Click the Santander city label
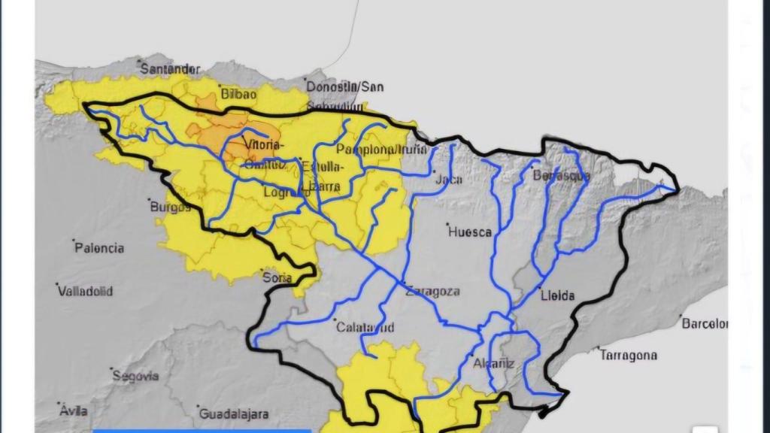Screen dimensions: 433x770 [171, 69]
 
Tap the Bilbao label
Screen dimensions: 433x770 [240, 94]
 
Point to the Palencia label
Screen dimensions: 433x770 [99, 248]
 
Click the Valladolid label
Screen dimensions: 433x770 [86, 291]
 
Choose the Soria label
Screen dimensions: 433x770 [277, 277]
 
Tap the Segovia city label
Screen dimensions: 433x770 [135, 376]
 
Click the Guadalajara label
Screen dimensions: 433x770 [234, 414]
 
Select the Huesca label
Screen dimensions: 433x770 [470, 232]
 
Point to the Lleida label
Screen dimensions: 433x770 [558, 295]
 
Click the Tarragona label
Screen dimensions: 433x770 [629, 356]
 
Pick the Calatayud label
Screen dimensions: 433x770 [365, 327]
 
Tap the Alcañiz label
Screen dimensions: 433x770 [494, 364]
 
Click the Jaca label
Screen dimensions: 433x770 [449, 180]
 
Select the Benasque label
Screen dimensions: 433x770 [561, 177]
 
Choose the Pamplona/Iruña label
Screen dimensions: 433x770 [381, 150]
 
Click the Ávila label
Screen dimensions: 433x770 [74, 410]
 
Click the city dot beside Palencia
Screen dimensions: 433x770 [74, 241]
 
